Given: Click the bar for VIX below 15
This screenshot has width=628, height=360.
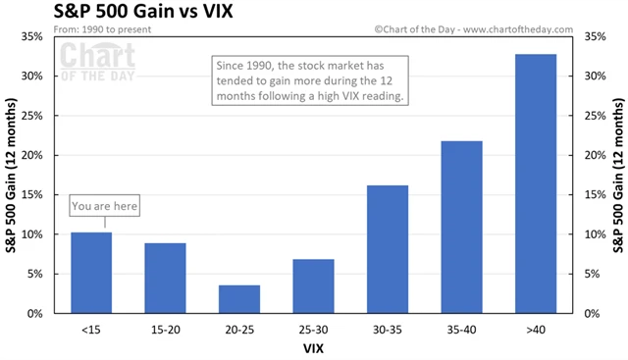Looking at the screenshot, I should pos(91,273).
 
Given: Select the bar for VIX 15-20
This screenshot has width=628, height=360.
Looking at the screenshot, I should pos(165,279).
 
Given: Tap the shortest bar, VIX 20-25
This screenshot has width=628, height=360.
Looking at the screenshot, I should pos(239,299).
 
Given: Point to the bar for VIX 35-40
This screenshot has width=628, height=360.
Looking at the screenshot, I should pos(461,228).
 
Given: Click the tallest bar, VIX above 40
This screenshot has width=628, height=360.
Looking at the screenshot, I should pos(536,183).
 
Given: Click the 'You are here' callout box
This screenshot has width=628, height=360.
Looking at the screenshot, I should pos(105,206).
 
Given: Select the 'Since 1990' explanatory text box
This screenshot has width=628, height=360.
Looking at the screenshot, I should pos(313,80).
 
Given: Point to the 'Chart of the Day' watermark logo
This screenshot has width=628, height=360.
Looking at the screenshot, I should pos(99,62).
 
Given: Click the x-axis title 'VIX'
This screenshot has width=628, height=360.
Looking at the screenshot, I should pos(313,347).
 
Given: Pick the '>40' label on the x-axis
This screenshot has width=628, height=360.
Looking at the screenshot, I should pos(536,328).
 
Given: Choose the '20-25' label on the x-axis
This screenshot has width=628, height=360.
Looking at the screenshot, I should pos(239,328).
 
